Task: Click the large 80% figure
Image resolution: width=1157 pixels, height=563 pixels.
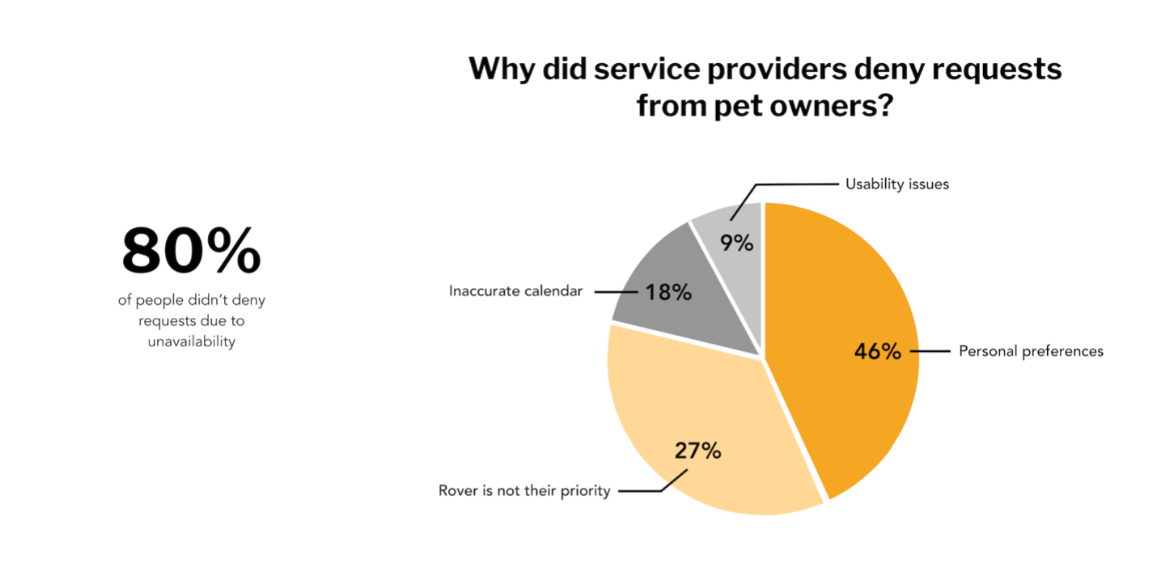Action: [192, 251]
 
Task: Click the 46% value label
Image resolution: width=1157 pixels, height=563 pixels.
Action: [877, 352]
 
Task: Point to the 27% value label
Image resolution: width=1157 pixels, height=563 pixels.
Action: [697, 451]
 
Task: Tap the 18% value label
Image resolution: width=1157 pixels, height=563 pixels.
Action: [668, 293]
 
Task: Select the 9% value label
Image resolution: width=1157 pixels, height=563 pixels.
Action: [738, 243]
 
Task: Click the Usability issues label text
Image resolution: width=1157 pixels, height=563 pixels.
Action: [896, 184]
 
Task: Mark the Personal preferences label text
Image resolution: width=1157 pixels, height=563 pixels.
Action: [1031, 352]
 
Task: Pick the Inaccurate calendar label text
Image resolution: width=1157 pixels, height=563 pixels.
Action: [515, 291]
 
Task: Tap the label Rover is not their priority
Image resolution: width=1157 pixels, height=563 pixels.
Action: [523, 491]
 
